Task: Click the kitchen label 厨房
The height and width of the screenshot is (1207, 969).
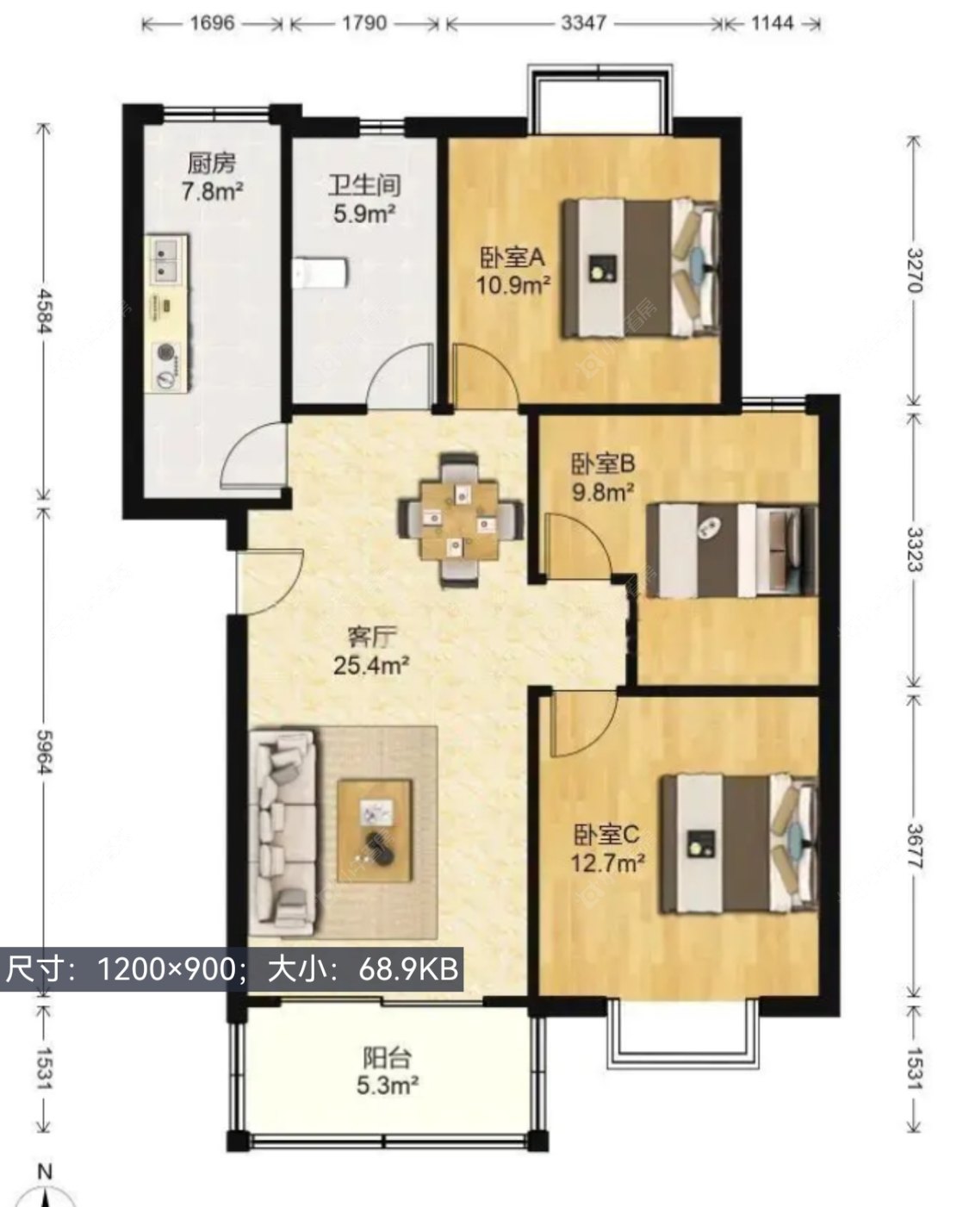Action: point(211,163)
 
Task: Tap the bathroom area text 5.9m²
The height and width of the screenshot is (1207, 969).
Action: point(364,214)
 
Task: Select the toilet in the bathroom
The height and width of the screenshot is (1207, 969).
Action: point(320,272)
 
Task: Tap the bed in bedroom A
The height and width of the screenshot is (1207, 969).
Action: point(641,268)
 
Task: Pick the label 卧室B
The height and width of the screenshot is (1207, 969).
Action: point(603,464)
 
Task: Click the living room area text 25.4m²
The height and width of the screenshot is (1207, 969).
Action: point(370,666)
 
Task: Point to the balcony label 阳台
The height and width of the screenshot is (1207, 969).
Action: point(387,1058)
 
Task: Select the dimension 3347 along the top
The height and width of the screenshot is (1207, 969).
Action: point(583,22)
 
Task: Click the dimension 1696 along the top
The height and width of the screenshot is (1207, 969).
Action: point(211,22)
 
